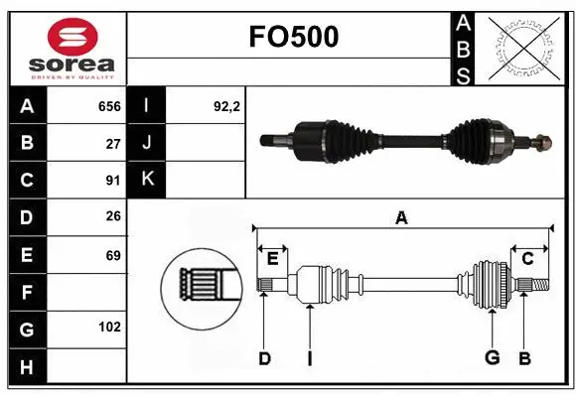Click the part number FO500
tap(292, 37)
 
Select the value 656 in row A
tap(109, 106)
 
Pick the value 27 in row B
tap(113, 143)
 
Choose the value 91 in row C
tap(113, 181)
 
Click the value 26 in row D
tap(113, 217)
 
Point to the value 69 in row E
tap(113, 255)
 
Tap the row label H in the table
tap(27, 367)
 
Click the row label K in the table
tap(147, 181)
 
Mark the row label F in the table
tap(27, 292)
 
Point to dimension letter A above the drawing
tap(401, 216)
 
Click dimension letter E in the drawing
tap(272, 259)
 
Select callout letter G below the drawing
tap(491, 357)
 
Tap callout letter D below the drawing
tap(264, 357)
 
